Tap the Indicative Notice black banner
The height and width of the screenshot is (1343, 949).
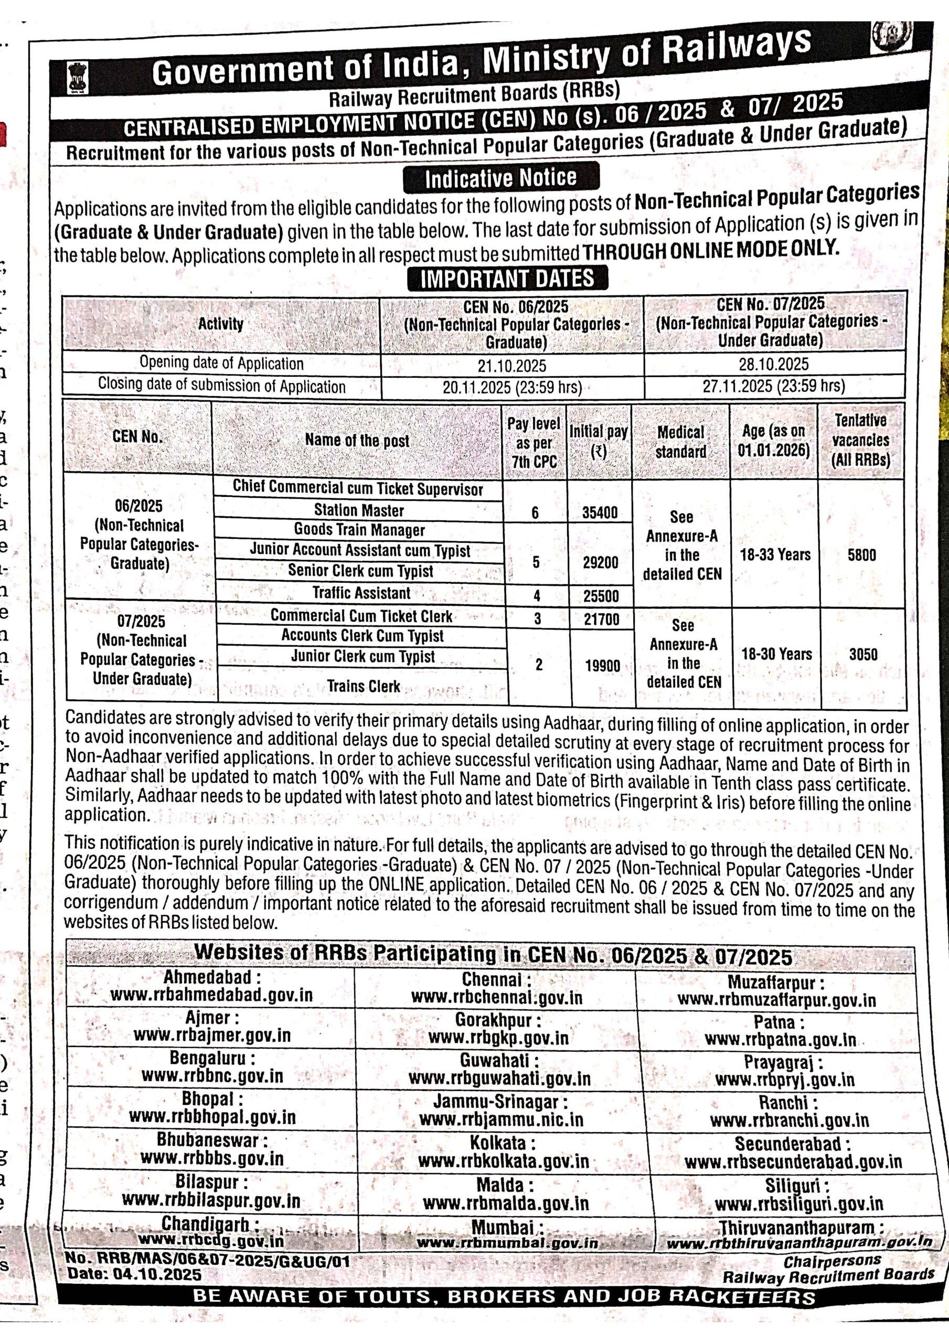pos(501,177)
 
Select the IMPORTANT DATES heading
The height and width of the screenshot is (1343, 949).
pos(507,279)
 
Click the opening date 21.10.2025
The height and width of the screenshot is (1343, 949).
pos(511,366)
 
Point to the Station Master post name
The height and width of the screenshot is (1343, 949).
pos(359,510)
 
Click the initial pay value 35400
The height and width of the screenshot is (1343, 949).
pos(600,513)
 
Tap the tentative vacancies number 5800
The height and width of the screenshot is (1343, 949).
pos(861,555)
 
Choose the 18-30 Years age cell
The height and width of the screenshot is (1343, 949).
pos(776,654)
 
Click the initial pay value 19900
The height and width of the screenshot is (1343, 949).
pos(602,666)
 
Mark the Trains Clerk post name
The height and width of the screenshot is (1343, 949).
pos(364,686)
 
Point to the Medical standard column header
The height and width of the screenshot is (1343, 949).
pos(680,442)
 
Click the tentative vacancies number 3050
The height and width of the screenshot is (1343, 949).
pos(863,654)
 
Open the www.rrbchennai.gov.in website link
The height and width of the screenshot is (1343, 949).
pos(497,997)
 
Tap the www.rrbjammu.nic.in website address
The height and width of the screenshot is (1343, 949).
pos(501,1120)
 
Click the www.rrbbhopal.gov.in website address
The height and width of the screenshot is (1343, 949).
pos(212,1117)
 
